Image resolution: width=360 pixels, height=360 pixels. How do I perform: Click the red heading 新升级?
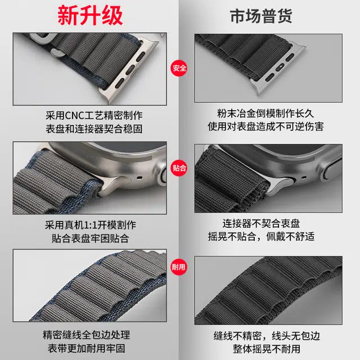click(90, 16)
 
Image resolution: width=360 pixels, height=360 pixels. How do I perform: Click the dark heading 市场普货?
click(261, 16)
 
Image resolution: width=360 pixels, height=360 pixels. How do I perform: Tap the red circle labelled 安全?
click(179, 68)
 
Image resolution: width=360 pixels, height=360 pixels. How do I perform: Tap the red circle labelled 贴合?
click(179, 168)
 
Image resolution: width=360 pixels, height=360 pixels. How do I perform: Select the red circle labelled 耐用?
click(179, 267)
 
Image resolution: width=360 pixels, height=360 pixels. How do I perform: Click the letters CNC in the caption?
click(75, 115)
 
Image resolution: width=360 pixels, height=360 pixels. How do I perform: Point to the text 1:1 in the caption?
click(90, 225)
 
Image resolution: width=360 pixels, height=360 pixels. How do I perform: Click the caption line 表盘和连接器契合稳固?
click(94, 129)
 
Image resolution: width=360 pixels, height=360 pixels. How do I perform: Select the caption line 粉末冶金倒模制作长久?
click(265, 113)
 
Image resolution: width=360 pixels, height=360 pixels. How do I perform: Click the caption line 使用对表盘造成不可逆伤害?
click(265, 126)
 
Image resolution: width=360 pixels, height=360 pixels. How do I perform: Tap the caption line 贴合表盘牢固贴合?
click(90, 238)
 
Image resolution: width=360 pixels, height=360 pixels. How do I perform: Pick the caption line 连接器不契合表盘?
click(261, 223)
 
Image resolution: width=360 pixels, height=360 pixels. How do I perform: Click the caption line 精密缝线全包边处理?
click(86, 335)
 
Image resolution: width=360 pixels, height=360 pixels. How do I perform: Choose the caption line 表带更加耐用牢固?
click(86, 348)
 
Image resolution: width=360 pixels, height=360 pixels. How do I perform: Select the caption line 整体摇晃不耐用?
click(267, 349)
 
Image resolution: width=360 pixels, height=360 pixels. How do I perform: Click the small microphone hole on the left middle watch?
click(139, 178)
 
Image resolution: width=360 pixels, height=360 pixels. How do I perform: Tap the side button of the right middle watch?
click(331, 172)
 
